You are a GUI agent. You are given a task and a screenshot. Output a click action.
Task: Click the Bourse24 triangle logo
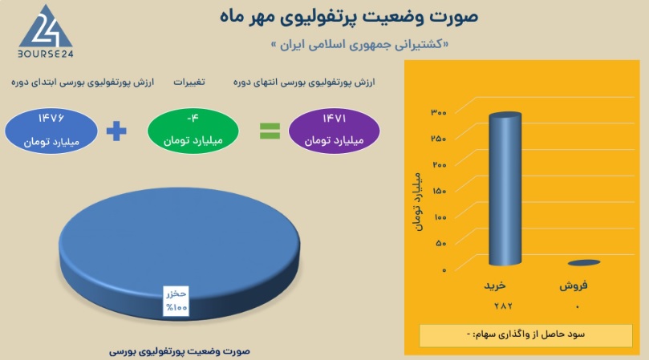point(46,27)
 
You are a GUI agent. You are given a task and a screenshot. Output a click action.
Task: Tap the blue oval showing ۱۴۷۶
point(51,131)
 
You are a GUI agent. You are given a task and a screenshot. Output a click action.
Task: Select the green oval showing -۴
point(193,131)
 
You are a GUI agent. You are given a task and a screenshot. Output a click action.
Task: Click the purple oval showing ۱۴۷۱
point(334,131)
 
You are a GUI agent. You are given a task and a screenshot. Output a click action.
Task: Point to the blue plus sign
point(116,131)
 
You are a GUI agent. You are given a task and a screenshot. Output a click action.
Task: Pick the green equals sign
point(270,131)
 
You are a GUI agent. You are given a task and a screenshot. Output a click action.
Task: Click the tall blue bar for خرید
point(505,188)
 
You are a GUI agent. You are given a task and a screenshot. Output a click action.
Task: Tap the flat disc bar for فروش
point(584,262)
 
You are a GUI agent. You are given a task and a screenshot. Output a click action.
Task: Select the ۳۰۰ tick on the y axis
point(439,112)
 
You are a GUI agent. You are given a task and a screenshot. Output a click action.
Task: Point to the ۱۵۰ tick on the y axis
point(439,191)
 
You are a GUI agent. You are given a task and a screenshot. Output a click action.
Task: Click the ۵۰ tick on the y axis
point(441,243)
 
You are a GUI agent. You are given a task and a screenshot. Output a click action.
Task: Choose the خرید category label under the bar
point(495,285)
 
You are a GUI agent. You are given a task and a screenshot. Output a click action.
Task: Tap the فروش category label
point(574,285)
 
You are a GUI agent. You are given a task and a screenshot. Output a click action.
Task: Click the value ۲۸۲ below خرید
point(503,306)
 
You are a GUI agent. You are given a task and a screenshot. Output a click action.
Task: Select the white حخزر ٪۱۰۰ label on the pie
point(176,301)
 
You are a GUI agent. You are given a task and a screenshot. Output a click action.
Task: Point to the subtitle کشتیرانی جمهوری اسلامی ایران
point(359,44)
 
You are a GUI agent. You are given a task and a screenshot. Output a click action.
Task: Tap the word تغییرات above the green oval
point(189,82)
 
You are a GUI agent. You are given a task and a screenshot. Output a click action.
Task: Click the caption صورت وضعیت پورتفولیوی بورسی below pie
point(180,351)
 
